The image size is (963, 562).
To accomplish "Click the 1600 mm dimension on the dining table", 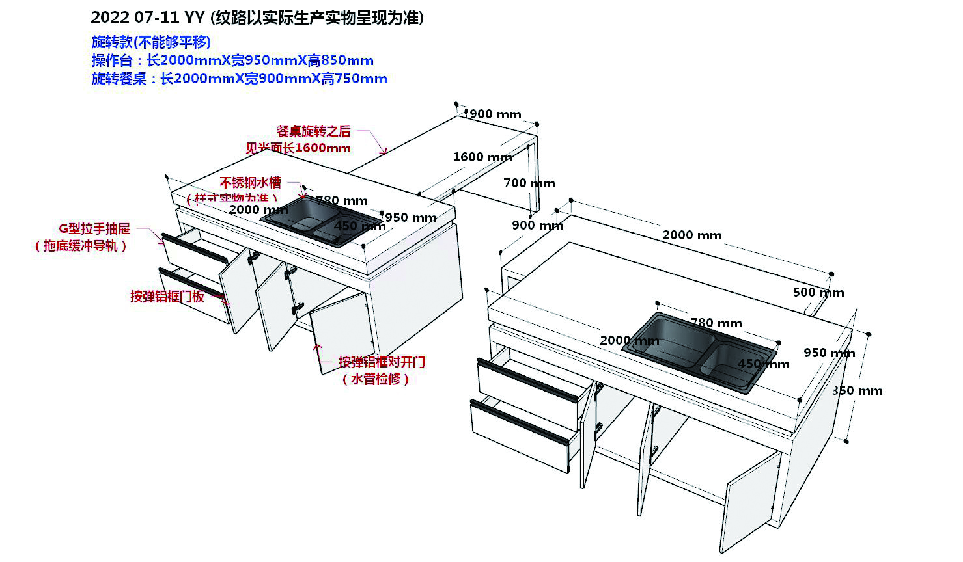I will tap(482, 157).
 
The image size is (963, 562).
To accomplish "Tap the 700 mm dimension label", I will tap(529, 183).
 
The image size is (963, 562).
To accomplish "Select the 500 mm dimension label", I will tap(818, 292).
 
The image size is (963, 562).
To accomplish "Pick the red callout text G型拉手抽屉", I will tap(94, 228).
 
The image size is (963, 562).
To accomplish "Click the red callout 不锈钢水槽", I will tap(250, 182).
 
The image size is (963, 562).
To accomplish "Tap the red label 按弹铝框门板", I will tap(167, 297).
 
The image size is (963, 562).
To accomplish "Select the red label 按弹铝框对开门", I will tap(382, 362).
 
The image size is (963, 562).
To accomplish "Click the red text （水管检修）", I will tap(376, 379).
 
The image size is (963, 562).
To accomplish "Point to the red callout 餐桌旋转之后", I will tap(313, 131).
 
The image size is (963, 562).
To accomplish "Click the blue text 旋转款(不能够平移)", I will tap(151, 42).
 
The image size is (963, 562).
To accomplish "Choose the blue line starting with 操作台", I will tap(232, 60).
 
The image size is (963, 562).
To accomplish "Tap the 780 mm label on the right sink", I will tap(716, 323).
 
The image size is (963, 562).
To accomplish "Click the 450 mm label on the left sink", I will tap(359, 226).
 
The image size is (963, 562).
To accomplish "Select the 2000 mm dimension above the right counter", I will tap(691, 235).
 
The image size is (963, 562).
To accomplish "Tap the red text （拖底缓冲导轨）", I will tap(81, 246).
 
